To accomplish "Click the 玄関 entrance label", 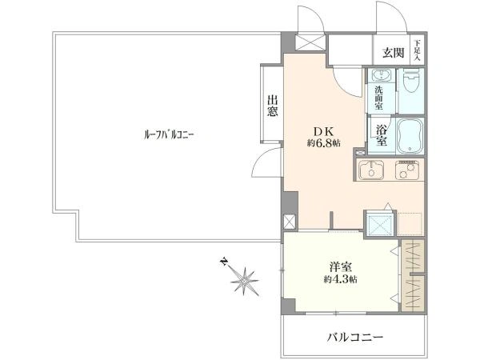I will tap(392, 53).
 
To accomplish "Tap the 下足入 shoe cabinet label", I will tap(417, 52).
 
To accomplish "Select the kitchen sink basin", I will tap(371, 170).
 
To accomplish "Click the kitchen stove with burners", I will tap(410, 170).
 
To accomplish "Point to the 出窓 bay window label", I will tap(272, 105).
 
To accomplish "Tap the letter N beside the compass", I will tap(225, 261).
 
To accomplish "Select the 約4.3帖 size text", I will tap(341, 279).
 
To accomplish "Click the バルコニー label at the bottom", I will tap(355, 337).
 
